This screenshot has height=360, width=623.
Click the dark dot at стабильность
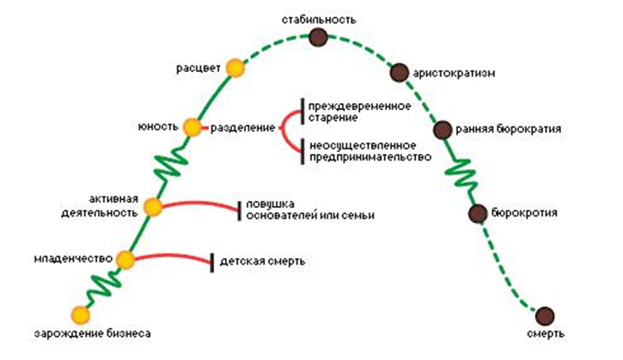coord(318,36)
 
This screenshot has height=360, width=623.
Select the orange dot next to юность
coord(192,127)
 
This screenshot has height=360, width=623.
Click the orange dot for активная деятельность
coord(154,206)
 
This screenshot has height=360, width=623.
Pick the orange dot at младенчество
coord(126,259)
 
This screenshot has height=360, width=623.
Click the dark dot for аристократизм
coord(399,72)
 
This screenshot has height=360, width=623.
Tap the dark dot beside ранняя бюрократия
coord(443,130)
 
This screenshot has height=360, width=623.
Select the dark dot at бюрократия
coord(479,212)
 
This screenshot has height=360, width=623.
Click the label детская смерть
coord(262,260)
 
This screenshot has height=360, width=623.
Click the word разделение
coord(238,127)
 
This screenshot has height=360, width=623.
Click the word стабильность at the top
coord(318,18)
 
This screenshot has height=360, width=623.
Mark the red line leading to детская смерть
coord(172,256)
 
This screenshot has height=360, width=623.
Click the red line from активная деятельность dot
coord(198,203)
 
